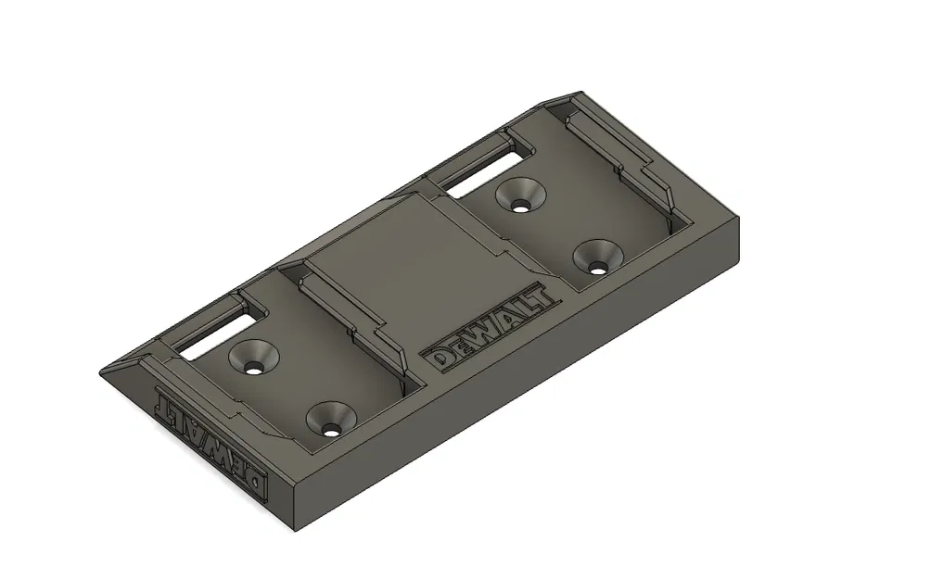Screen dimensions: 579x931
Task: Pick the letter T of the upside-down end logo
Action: tap(167, 402)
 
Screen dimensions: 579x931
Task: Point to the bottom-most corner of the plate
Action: tap(295, 531)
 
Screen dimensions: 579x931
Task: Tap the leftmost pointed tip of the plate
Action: tap(100, 372)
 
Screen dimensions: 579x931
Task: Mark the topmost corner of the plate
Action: tap(580, 92)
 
